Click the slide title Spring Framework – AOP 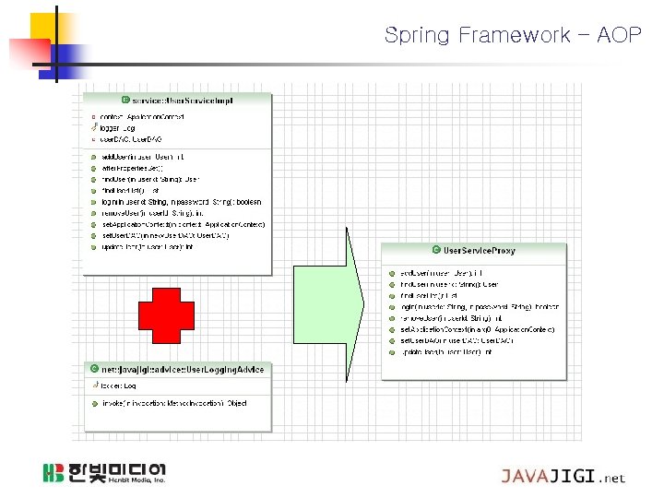coord(512,36)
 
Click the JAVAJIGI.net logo coord(563,477)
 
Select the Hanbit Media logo coord(103,473)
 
